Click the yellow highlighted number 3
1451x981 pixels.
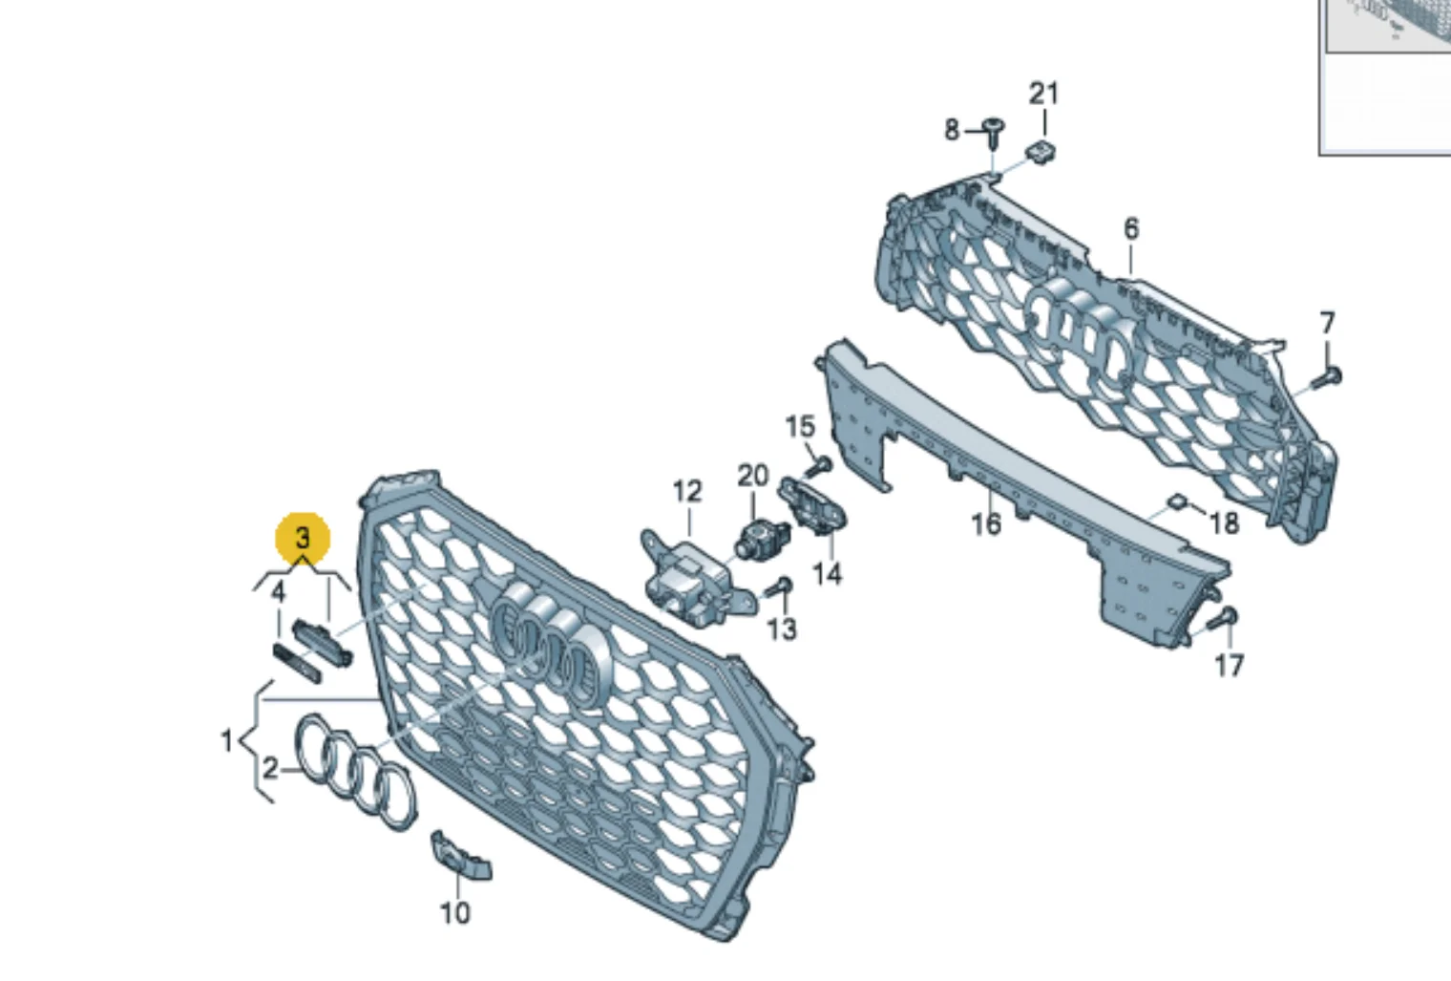[x=304, y=538]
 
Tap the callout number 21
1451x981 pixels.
[x=1043, y=95]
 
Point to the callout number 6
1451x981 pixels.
[x=1130, y=228]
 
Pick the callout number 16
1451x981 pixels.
[x=986, y=523]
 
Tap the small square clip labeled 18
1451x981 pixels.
[x=1176, y=501]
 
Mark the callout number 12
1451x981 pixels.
[x=687, y=492]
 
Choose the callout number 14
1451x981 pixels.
[x=828, y=573]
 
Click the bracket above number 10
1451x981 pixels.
[x=460, y=856]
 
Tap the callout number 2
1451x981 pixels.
[x=269, y=770]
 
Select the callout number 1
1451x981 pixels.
[x=227, y=740]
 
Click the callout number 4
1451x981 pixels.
[x=278, y=592]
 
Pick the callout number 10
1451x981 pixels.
[x=454, y=913]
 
